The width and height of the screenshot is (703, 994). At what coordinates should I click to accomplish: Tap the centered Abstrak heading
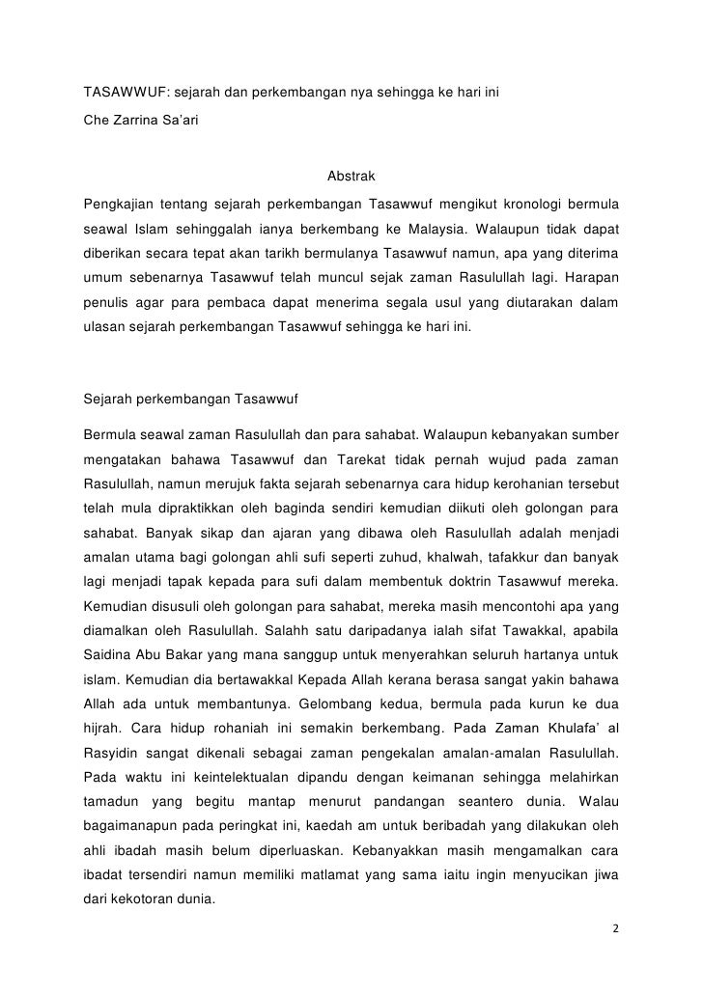(x=351, y=179)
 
